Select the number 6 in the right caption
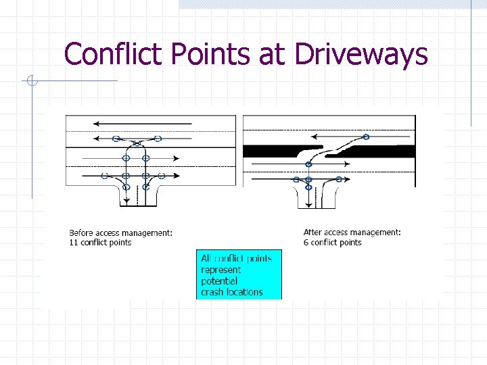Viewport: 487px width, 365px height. tap(306, 243)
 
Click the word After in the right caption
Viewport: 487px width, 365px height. tap(313, 233)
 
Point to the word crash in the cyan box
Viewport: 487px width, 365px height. tap(212, 292)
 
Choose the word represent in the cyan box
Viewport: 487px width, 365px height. tap(221, 270)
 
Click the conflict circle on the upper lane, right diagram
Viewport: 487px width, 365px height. tap(366, 137)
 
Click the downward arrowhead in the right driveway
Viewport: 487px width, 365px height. tap(308, 201)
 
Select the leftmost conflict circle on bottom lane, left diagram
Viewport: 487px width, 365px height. tap(104, 176)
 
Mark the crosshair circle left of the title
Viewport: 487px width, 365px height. tap(31, 81)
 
